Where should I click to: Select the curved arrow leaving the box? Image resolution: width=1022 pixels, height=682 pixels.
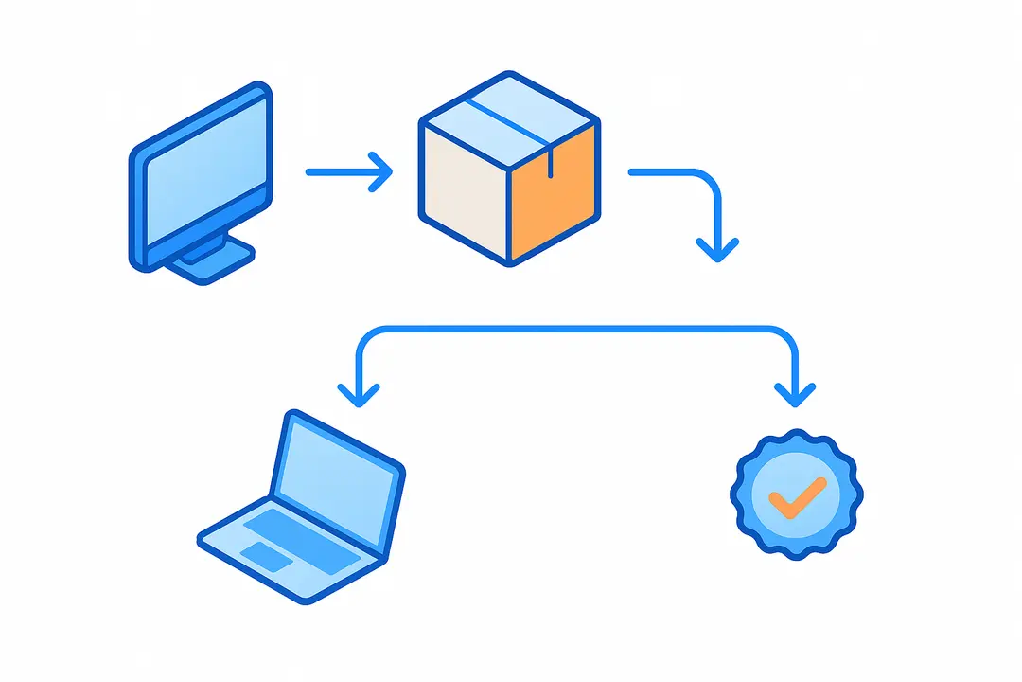691,176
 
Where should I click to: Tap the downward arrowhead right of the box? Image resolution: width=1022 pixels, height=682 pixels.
717,249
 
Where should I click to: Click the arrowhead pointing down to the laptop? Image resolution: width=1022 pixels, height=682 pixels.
358,394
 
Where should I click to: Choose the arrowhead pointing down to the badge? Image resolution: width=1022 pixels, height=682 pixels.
794,394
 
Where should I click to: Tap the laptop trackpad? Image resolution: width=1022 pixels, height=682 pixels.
267,557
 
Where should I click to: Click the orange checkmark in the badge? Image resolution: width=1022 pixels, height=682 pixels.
797,496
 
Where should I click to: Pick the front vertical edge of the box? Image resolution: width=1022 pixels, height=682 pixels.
509,213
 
